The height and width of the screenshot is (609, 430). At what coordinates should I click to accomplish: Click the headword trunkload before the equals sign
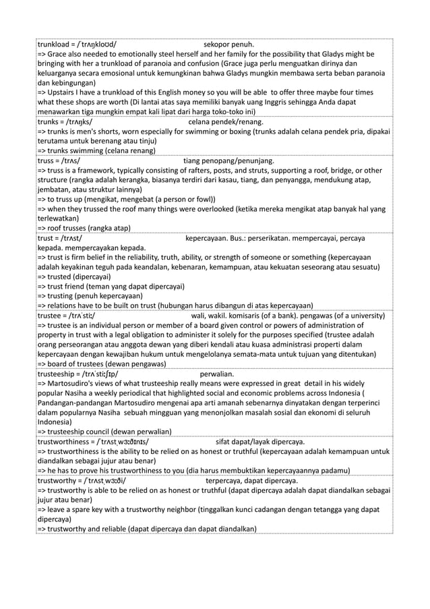(56, 45)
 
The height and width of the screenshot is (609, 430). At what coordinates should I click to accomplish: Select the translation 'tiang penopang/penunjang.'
(229, 161)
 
